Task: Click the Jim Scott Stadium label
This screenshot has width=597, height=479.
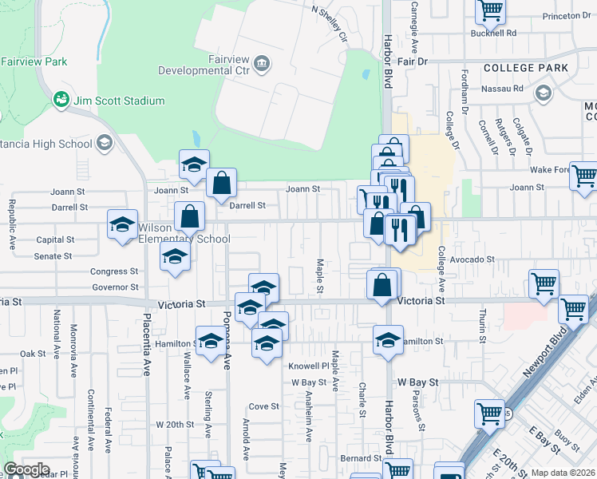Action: [x=119, y=101]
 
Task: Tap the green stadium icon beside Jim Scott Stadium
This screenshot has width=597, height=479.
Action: [x=60, y=100]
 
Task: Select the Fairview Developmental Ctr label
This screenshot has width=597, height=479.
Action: [x=206, y=65]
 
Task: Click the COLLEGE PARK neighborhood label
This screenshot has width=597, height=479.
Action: [x=526, y=68]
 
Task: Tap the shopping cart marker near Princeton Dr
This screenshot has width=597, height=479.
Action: [x=490, y=10]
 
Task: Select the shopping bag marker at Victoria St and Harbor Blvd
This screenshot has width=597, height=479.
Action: [x=383, y=284]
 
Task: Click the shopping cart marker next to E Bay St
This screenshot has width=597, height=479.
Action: [x=489, y=414]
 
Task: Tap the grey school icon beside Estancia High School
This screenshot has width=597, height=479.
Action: [x=104, y=143]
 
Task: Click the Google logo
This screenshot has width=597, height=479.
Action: [x=26, y=469]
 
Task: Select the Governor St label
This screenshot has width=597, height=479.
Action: [x=115, y=287]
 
